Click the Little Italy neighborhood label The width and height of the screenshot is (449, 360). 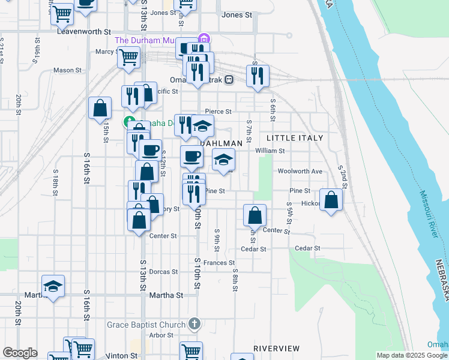pyautogui.click(x=294, y=138)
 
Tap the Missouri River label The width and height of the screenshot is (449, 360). pyautogui.click(x=429, y=214)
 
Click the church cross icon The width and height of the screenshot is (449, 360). pyautogui.click(x=193, y=325)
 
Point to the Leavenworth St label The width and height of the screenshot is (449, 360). pyautogui.click(x=84, y=31)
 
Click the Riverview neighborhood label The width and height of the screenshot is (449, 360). pyautogui.click(x=276, y=348)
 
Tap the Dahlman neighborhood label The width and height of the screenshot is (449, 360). pyautogui.click(x=221, y=144)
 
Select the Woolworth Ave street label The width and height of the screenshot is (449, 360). pyautogui.click(x=300, y=171)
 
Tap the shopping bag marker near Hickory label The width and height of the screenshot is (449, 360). pyautogui.click(x=331, y=199)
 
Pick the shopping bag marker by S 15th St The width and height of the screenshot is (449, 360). pyautogui.click(x=100, y=108)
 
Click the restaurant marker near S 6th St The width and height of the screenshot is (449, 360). pyautogui.click(x=258, y=75)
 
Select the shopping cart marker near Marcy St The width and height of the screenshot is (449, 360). pyautogui.click(x=128, y=57)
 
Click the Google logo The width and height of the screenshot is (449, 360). pyautogui.click(x=20, y=353)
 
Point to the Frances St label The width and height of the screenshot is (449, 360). pyautogui.click(x=218, y=263)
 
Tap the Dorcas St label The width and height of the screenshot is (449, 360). pyautogui.click(x=164, y=272)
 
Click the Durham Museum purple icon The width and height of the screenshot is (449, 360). pyautogui.click(x=204, y=39)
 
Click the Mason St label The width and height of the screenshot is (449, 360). pyautogui.click(x=67, y=70)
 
